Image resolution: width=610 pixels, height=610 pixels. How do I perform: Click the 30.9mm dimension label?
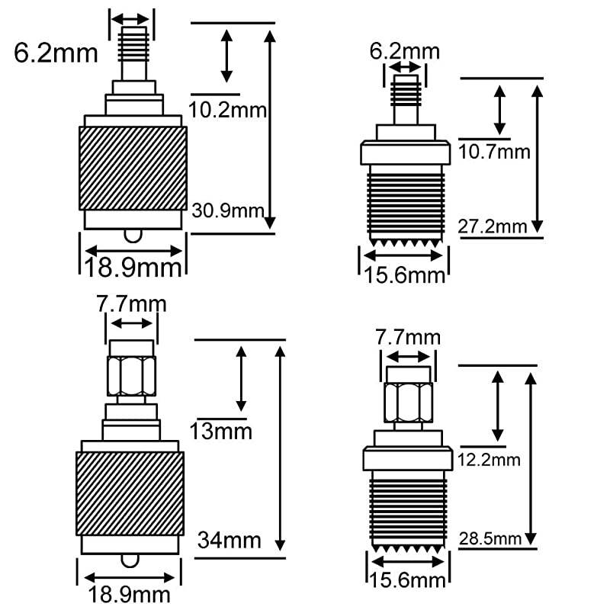228,210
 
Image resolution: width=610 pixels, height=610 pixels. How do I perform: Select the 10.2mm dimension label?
228,110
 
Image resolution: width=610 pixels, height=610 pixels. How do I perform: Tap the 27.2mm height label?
493,226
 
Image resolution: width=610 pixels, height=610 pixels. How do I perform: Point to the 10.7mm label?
494,152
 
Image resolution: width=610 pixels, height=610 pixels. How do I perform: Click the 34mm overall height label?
229,541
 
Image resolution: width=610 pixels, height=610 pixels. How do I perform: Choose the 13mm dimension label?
221,432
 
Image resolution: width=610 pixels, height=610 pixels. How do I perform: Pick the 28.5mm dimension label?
490,539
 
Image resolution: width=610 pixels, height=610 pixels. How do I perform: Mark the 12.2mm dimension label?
490,459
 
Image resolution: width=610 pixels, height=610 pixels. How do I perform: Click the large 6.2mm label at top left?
56,53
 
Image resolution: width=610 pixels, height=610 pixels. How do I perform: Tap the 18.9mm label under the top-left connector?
134,268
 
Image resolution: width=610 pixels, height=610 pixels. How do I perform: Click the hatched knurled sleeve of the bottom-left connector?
130,492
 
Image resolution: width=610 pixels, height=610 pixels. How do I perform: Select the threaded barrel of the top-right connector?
403,202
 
